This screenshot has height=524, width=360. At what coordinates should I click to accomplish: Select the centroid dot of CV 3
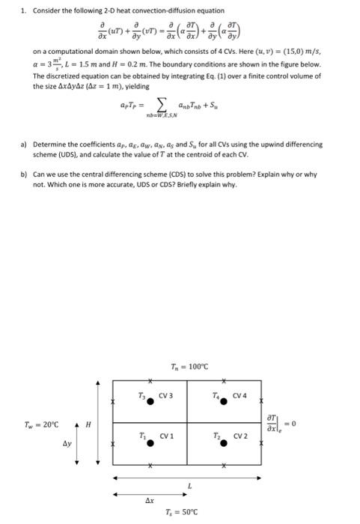[151, 401]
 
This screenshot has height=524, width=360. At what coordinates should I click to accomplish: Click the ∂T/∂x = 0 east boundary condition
[283, 421]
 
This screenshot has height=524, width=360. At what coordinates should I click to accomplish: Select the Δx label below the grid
[150, 499]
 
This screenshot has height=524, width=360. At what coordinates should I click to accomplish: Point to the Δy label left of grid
[67, 443]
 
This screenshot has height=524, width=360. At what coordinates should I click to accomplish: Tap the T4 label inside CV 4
[216, 394]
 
